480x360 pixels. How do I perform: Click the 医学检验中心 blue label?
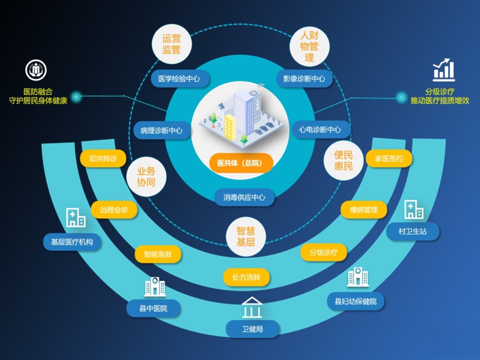[179, 79]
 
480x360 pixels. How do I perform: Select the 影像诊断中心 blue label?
[304, 79]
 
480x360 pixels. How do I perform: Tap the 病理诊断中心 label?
[162, 130]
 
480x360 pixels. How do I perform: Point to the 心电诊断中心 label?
[320, 130]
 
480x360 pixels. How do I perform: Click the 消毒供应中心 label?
[244, 197]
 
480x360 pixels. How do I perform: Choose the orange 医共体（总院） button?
[240, 163]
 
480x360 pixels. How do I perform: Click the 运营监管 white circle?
[171, 44]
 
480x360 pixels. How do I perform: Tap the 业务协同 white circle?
[146, 177]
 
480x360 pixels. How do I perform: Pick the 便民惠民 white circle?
[343, 160]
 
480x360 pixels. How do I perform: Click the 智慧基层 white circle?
[246, 237]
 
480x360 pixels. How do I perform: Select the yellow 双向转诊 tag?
[103, 158]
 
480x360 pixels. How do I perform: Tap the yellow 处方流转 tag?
[246, 277]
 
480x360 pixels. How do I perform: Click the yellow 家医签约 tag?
[389, 159]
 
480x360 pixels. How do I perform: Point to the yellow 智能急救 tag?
[158, 255]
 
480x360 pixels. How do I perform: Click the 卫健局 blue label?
[252, 329]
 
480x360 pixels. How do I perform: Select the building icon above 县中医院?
[154, 287]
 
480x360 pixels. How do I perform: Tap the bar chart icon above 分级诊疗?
[444, 70]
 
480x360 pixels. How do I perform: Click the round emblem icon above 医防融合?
[36, 70]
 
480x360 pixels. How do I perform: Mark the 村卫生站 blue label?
[412, 231]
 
